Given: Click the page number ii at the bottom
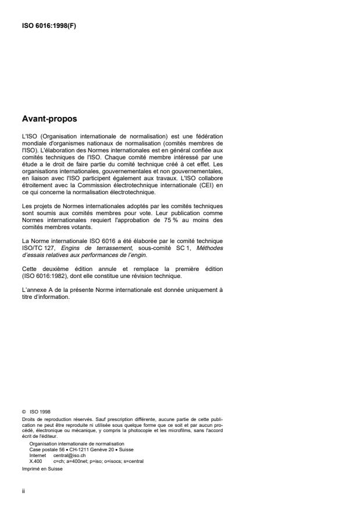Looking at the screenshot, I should [x=23, y=490].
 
